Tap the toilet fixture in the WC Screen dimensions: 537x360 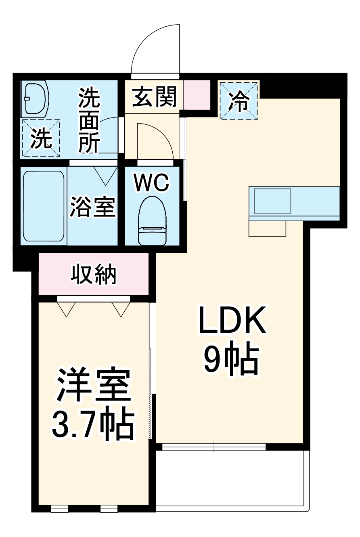coord(152,221)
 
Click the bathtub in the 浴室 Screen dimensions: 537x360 coord(43,206)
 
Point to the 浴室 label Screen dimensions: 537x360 coord(93,206)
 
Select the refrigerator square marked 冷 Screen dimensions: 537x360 coord(239,101)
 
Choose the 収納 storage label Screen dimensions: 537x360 coord(94,275)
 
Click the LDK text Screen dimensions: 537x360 coord(232,320)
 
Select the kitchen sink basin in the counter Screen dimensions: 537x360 coord(272,201)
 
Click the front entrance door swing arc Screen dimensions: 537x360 coord(155,48)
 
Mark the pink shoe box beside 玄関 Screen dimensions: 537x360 coord(197,94)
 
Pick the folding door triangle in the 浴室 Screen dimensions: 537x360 coord(105,176)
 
